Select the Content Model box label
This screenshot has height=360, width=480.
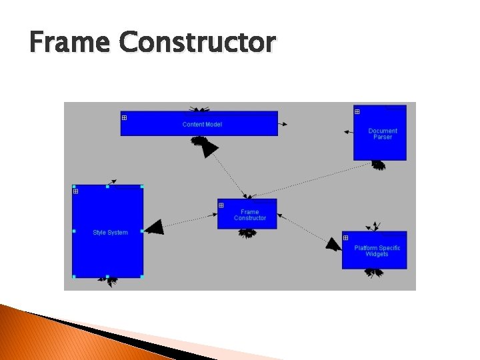(202, 125)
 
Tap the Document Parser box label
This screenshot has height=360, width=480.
(383, 134)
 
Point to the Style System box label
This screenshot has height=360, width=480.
(110, 233)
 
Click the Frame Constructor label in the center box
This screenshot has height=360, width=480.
(249, 215)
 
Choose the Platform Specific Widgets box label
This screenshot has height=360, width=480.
(377, 251)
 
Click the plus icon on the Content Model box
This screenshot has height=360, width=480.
(125, 118)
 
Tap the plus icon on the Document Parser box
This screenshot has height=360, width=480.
(357, 112)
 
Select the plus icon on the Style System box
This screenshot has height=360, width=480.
(76, 192)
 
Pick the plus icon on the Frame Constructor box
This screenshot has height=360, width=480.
(221, 205)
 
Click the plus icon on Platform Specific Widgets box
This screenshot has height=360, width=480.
(346, 238)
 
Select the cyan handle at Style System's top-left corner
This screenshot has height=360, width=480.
(73, 187)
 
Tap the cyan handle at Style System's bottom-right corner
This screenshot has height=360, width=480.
(142, 276)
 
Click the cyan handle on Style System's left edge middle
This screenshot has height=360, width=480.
(73, 231)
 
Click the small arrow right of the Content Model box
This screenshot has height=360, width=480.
(284, 124)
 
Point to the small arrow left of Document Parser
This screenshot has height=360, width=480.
(347, 132)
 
